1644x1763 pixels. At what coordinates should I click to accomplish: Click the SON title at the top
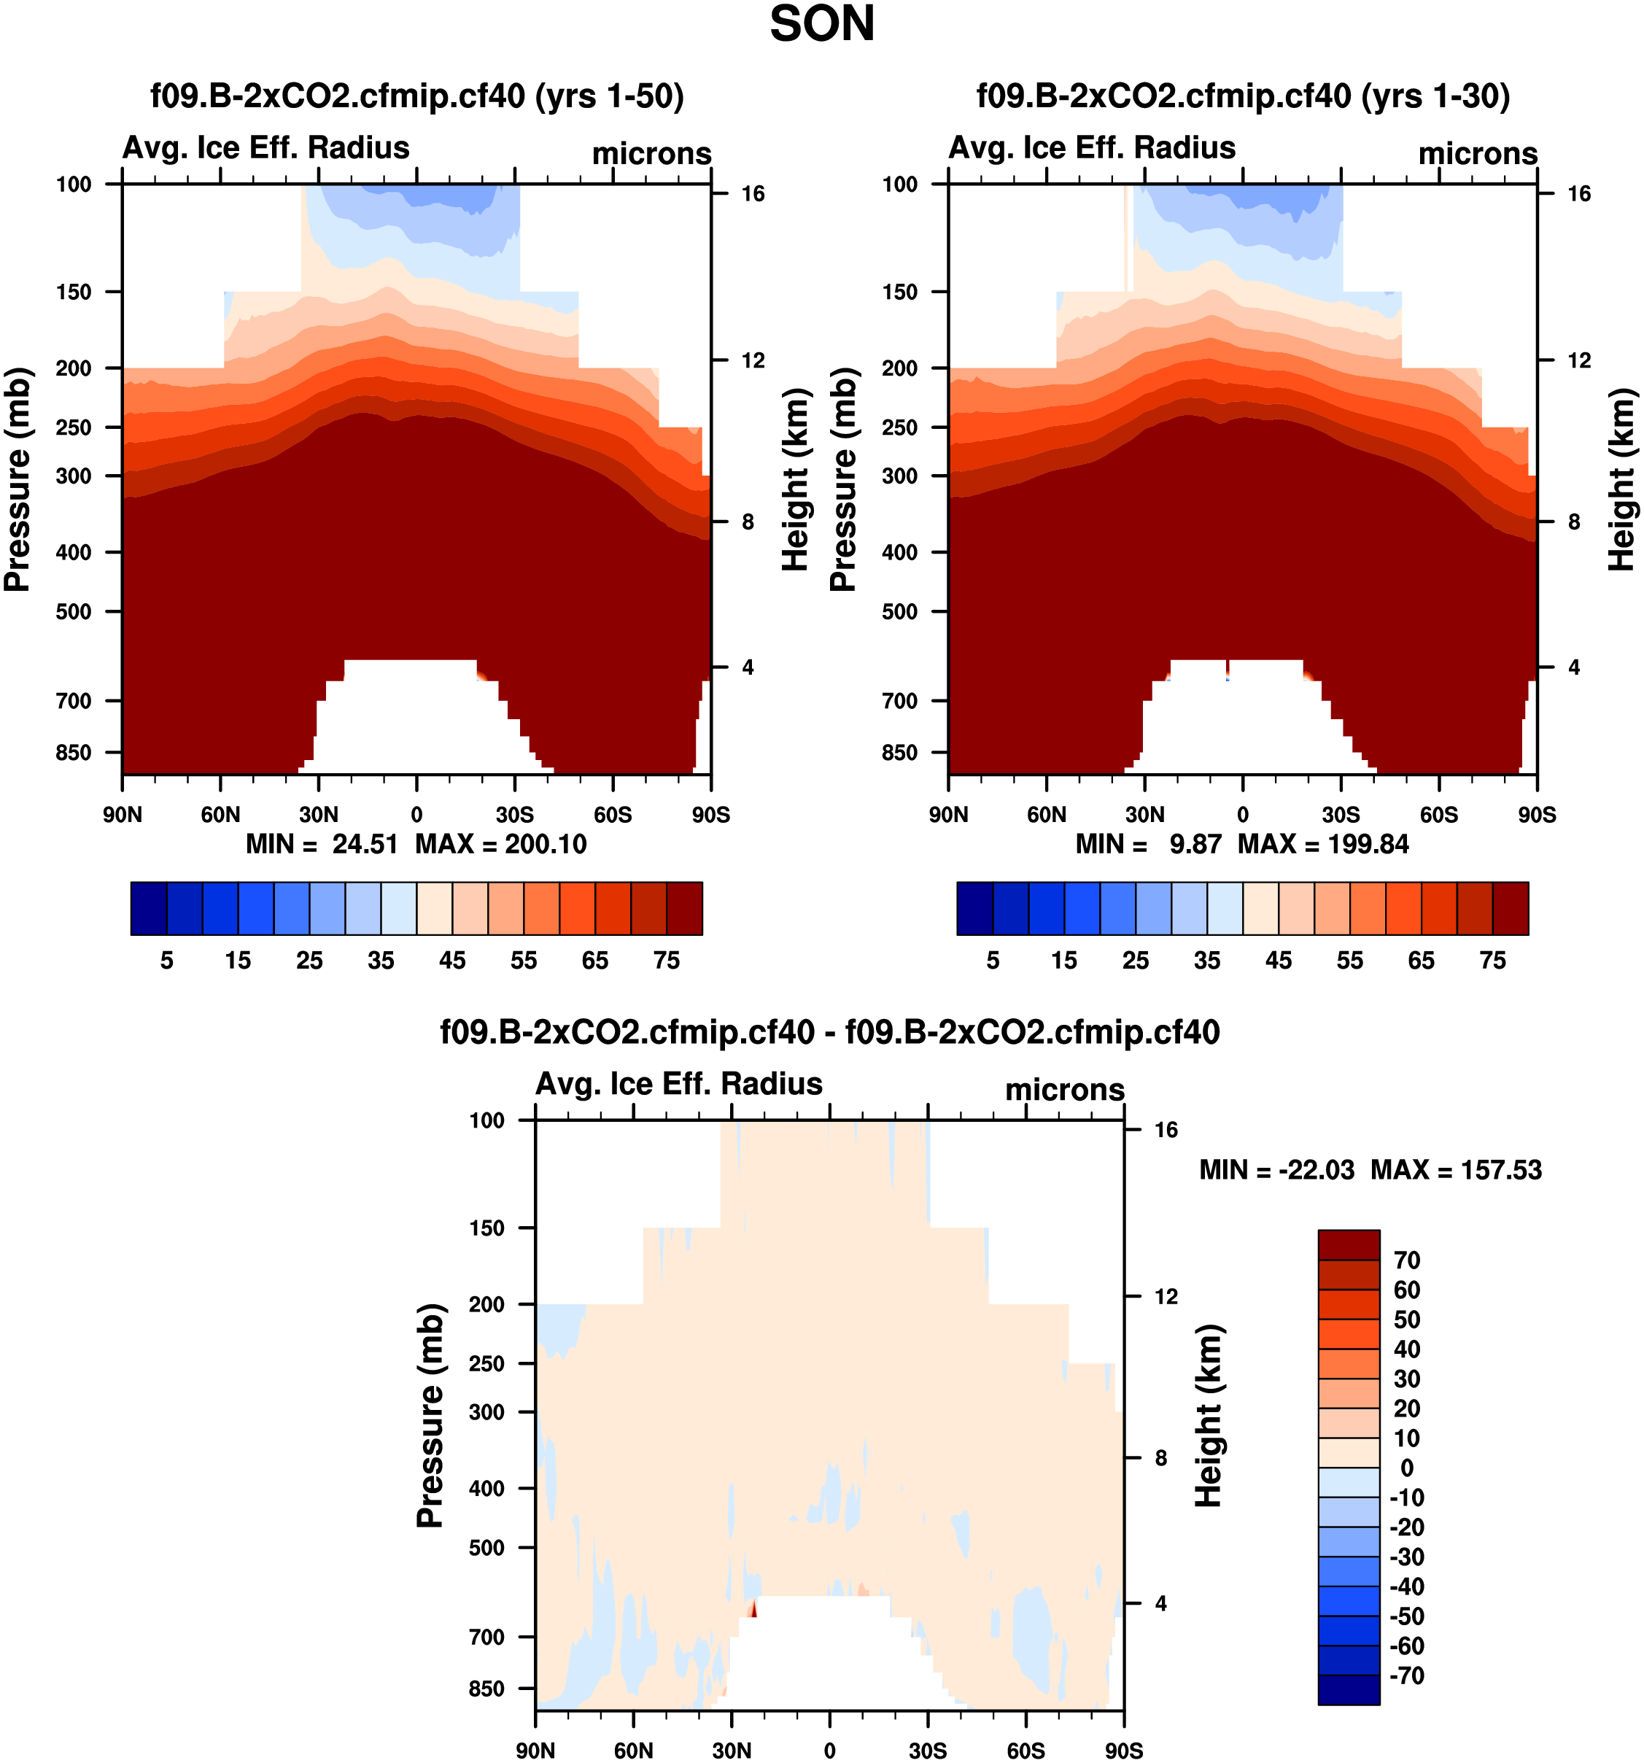822,25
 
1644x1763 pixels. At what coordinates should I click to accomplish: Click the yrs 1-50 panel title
416,96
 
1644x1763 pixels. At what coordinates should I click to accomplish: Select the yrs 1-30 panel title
1242,96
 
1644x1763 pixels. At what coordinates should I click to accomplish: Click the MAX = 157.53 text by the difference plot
1456,1170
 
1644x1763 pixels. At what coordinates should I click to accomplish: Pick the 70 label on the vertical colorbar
1406,1260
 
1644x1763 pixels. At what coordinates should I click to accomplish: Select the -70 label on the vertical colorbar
1406,1675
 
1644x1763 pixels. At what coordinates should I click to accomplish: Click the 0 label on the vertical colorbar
1406,1468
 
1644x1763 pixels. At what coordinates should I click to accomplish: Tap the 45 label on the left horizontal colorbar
452,961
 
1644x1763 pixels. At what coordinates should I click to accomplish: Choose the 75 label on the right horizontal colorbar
1492,961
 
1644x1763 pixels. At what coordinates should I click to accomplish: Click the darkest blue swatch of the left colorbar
148,908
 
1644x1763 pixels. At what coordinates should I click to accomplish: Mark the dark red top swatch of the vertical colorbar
1348,1245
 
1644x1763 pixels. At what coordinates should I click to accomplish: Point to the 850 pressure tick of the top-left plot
74,753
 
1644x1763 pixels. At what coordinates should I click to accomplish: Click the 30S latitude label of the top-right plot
1341,815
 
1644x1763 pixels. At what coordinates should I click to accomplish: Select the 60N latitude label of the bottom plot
633,1751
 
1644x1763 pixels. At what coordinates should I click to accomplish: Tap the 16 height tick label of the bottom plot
1166,1130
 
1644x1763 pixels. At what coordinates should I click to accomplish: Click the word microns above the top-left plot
652,153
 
